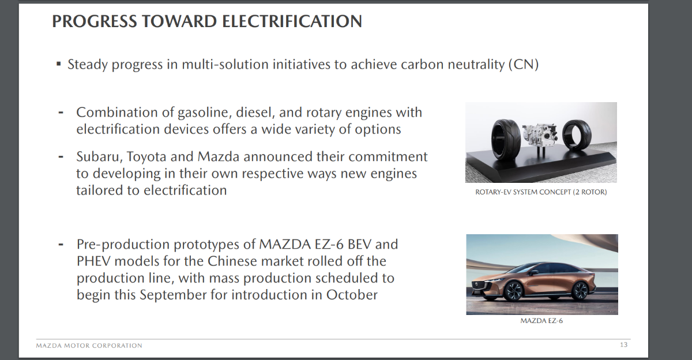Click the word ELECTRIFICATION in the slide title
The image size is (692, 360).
[292, 21]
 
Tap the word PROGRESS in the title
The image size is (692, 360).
[94, 21]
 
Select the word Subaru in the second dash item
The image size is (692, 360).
[97, 157]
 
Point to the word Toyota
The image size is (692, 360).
[146, 157]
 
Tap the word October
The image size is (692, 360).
[352, 294]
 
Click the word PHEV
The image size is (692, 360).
[93, 261]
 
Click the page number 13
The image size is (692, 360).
[624, 344]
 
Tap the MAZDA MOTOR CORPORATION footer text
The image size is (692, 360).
[89, 346]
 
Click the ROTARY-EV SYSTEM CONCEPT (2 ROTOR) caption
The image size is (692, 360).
[541, 192]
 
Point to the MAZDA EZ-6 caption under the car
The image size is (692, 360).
[541, 321]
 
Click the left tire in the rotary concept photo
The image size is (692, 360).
[506, 140]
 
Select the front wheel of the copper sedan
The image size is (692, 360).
[514, 291]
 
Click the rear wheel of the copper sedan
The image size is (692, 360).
[580, 290]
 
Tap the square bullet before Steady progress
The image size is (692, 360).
[59, 64]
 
